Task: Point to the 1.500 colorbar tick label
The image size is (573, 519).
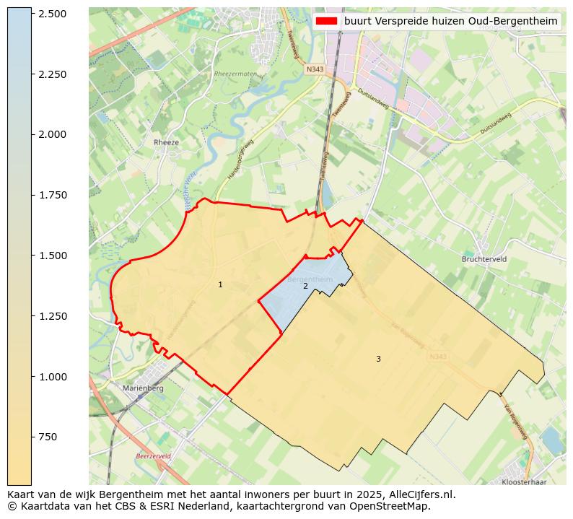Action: pos(52,256)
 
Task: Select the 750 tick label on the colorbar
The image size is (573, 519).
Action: pos(48,437)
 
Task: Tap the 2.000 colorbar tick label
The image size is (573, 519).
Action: pos(52,134)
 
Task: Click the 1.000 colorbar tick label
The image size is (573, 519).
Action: pos(52,377)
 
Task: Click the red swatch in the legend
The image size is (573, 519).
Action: pos(326,22)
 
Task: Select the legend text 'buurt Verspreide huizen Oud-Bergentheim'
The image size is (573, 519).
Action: pos(450,22)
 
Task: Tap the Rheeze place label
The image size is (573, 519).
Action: pos(166,143)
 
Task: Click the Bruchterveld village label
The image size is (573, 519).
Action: pos(485,258)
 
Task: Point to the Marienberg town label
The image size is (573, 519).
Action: pos(144,388)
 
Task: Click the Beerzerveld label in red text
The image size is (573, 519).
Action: pos(154,457)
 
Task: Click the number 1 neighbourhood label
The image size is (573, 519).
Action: pos(220,285)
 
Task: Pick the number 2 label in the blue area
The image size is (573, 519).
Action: pos(305,287)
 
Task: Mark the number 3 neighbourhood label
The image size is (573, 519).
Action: pos(377,359)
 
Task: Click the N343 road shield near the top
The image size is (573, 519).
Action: pos(315,69)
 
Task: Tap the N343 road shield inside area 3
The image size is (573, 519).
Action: pos(437,357)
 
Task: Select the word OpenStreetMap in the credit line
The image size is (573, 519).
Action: pos(395,506)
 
